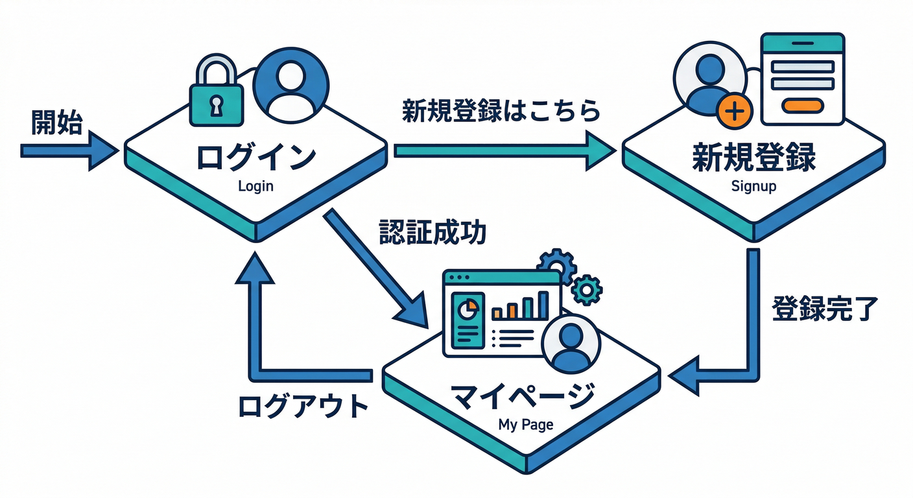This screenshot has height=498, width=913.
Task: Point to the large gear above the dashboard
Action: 556,266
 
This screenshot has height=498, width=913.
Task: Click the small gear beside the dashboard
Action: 587,289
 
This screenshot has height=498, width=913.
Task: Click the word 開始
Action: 57,123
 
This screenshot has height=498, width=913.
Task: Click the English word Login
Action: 256,186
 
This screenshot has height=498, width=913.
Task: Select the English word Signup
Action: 753,186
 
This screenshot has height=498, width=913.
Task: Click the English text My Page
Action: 526,425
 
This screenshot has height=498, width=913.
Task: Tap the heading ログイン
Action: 256,158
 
